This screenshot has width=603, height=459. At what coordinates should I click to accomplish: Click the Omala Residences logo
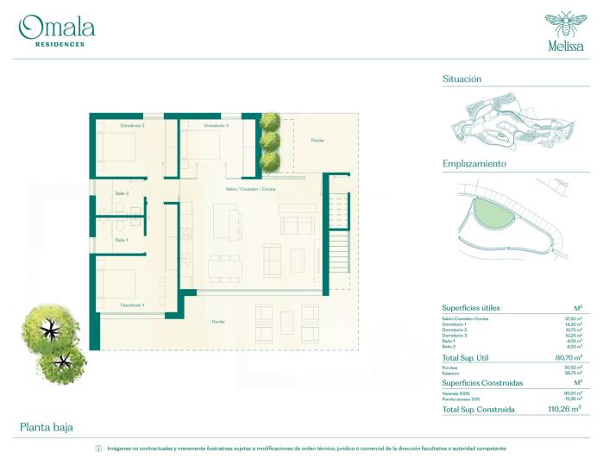(57, 30)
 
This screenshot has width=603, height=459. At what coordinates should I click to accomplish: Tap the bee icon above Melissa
(564, 22)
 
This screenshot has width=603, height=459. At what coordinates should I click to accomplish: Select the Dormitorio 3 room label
(216, 126)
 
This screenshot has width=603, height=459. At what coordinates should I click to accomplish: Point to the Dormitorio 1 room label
(132, 305)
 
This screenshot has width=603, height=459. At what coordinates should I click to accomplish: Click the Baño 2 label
(122, 193)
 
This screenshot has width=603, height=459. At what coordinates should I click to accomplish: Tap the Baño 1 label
(122, 240)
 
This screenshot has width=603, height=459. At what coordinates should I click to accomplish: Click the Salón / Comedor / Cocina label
(250, 188)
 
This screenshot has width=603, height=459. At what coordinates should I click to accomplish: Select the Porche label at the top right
(317, 140)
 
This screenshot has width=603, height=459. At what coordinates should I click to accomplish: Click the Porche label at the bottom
(218, 322)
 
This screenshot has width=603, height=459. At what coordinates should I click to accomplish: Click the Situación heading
(462, 79)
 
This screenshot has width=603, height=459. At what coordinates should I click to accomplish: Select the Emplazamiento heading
(474, 163)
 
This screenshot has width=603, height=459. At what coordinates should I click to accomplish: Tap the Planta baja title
(47, 427)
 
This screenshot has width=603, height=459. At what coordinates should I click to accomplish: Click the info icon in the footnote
(97, 449)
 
